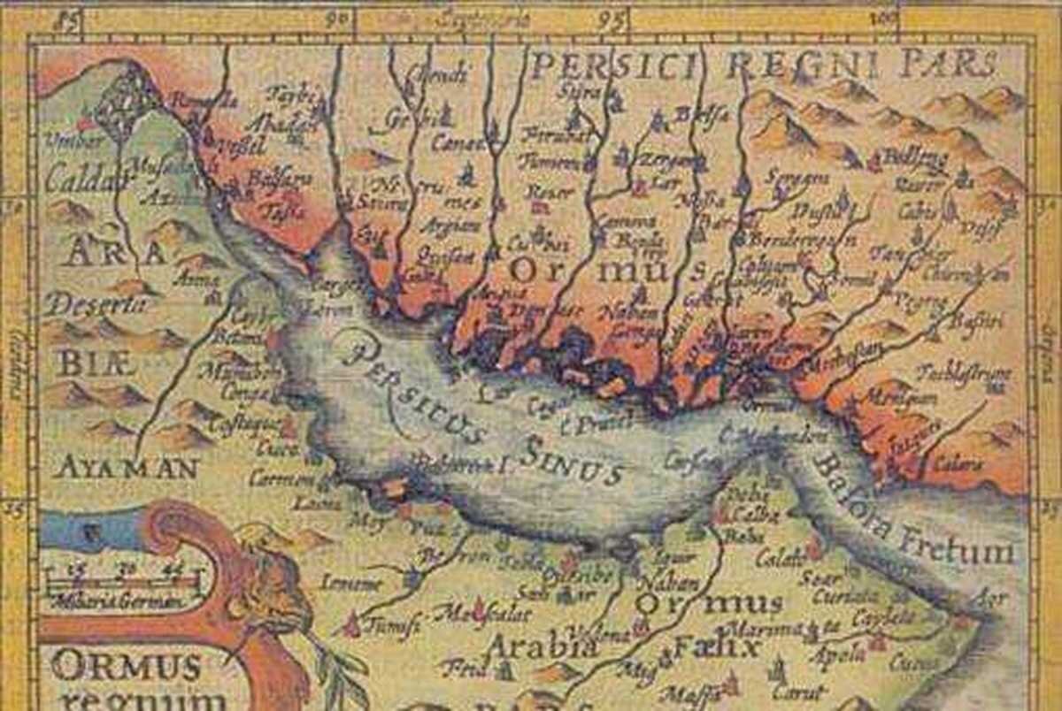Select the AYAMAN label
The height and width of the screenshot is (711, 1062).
125,467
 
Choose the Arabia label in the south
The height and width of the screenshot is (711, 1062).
539,646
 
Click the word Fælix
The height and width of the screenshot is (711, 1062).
717,648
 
